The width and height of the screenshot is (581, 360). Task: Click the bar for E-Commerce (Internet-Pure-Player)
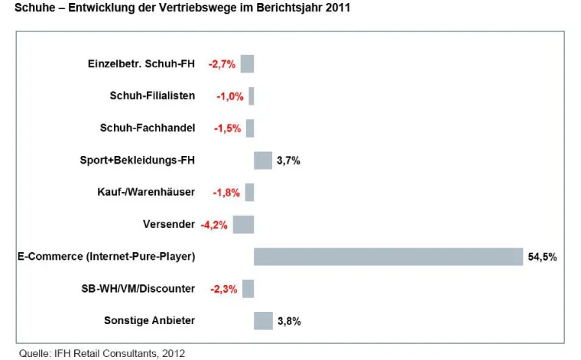click(x=388, y=257)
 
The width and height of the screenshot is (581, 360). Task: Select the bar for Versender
click(x=243, y=225)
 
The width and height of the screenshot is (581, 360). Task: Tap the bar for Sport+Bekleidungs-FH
click(x=263, y=161)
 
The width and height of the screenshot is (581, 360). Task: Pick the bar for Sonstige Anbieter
click(x=263, y=321)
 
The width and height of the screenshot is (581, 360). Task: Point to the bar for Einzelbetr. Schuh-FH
click(x=247, y=63)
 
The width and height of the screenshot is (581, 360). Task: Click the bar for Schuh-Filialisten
click(x=251, y=96)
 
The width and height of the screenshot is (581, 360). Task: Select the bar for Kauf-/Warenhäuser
click(x=249, y=193)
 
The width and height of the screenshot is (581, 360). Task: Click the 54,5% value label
click(x=542, y=258)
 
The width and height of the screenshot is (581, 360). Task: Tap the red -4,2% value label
click(x=215, y=225)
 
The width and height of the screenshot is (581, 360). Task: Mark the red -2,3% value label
click(x=226, y=289)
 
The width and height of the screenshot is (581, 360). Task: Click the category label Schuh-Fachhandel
click(x=148, y=128)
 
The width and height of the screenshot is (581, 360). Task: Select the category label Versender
click(x=169, y=225)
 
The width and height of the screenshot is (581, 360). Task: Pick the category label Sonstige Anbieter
click(x=149, y=321)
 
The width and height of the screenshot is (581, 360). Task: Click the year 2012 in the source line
click(x=174, y=352)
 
